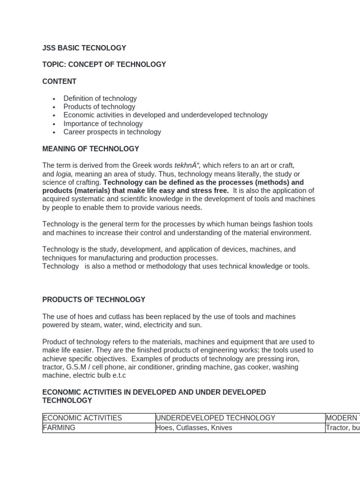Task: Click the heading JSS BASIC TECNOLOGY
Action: tap(84, 48)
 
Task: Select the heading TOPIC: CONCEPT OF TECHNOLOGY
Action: tap(104, 65)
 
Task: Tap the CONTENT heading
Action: tap(60, 82)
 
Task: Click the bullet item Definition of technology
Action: tap(100, 98)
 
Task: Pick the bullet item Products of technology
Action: tap(99, 107)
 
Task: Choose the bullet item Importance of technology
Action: tap(103, 124)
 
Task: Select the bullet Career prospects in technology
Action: tap(112, 132)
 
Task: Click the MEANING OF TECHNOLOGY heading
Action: tap(90, 149)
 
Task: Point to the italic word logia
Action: tap(64, 174)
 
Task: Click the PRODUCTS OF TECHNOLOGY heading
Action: tap(94, 300)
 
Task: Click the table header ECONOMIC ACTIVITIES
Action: tap(82, 418)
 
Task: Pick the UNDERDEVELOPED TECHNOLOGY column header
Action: tap(216, 418)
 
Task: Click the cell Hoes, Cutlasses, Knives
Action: tap(194, 428)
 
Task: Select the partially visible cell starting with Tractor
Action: tap(342, 428)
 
